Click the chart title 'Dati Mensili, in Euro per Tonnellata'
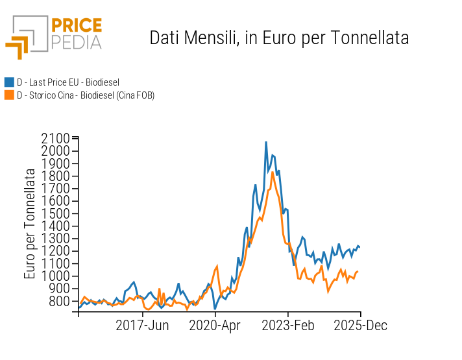279,38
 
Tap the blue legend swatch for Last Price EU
9,82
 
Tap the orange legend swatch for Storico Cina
9,95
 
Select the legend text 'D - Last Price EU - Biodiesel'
68,82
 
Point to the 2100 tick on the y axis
55,138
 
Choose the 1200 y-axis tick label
55,251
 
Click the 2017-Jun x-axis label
143,326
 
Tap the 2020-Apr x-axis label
215,326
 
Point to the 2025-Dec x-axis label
361,326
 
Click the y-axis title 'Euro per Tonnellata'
30,224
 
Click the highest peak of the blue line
266,141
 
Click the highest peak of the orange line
273,171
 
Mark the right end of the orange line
358,272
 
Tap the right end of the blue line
359,246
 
